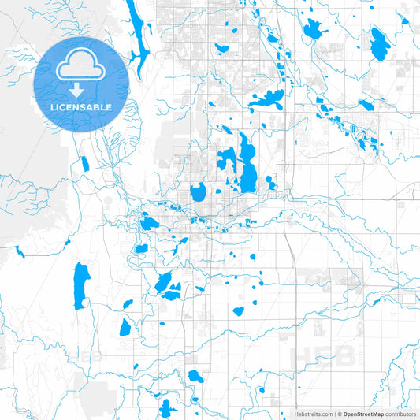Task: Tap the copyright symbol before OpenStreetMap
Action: [x=339, y=413]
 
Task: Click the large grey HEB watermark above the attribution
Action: [x=324, y=355]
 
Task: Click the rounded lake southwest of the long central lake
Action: [x=198, y=191]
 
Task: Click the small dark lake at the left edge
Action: [x=19, y=252]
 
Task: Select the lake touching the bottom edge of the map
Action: [x=165, y=408]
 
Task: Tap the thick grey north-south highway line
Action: [x=292, y=260]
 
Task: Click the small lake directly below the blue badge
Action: [x=84, y=164]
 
